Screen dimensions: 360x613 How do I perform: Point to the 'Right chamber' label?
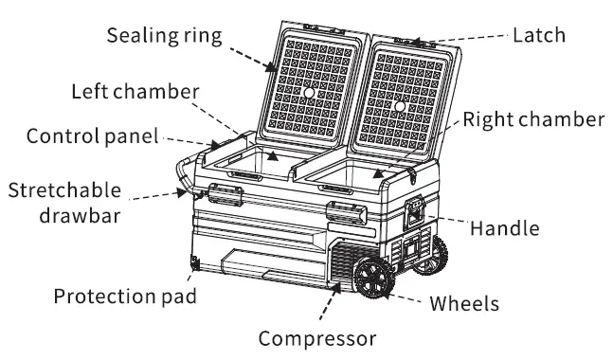pos(533,120)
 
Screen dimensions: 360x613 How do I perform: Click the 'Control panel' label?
pos(92,135)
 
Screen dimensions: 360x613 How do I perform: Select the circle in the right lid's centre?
pos(399,107)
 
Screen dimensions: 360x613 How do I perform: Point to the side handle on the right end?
pos(415,212)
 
